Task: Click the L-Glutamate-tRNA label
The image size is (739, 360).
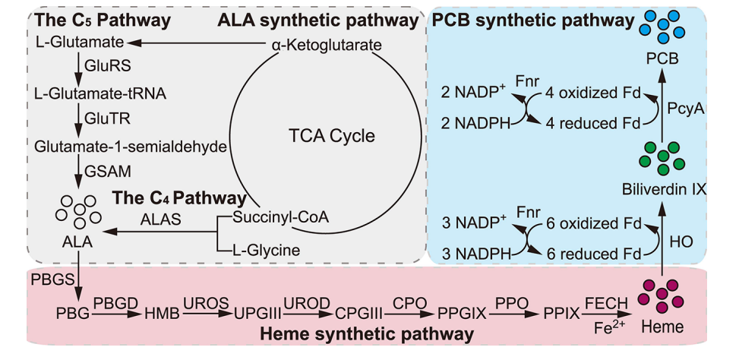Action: tap(100, 93)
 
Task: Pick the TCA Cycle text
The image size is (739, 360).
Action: tap(332, 137)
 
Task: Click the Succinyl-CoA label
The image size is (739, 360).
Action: tap(283, 216)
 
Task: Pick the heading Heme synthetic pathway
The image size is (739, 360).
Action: tap(368, 334)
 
